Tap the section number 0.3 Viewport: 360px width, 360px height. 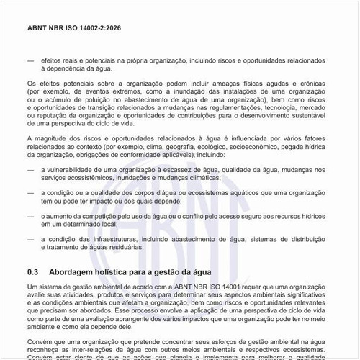(x=32, y=273)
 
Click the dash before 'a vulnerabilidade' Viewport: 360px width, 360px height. (x=30, y=169)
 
